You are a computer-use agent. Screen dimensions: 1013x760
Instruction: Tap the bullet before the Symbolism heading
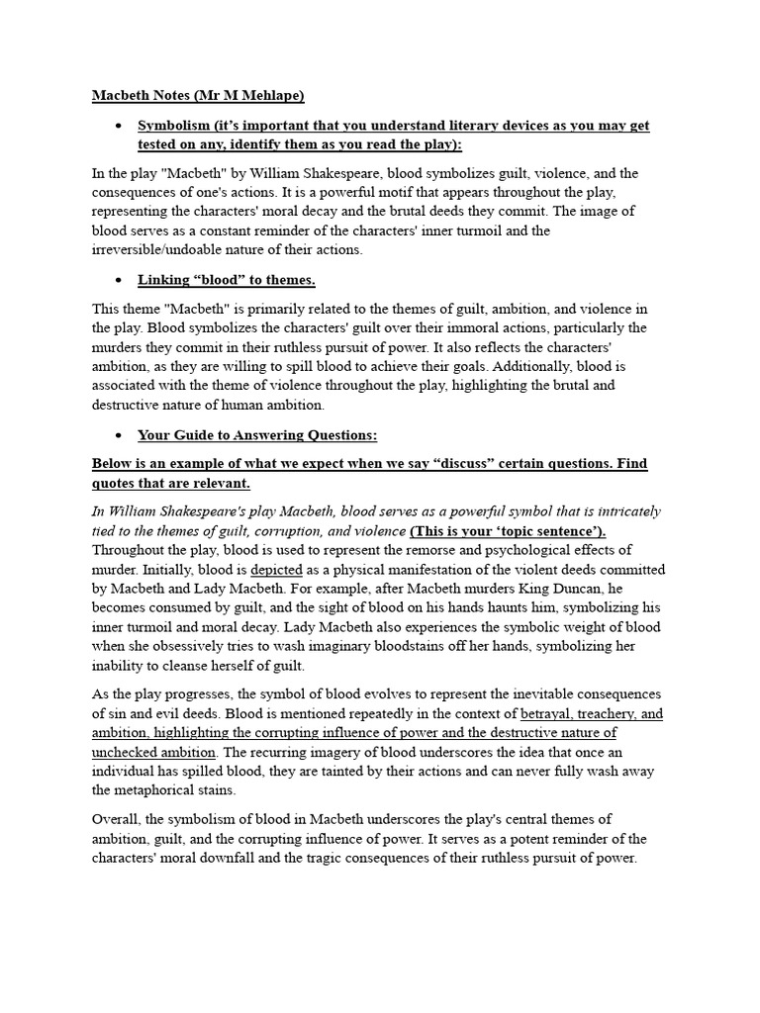pyautogui.click(x=118, y=127)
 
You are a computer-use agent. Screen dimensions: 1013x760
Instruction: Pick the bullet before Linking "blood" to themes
pyautogui.click(x=118, y=281)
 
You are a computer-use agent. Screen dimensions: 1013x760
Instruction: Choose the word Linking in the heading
pyautogui.click(x=162, y=281)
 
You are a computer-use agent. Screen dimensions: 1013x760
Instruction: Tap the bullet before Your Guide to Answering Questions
pyautogui.click(x=118, y=435)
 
